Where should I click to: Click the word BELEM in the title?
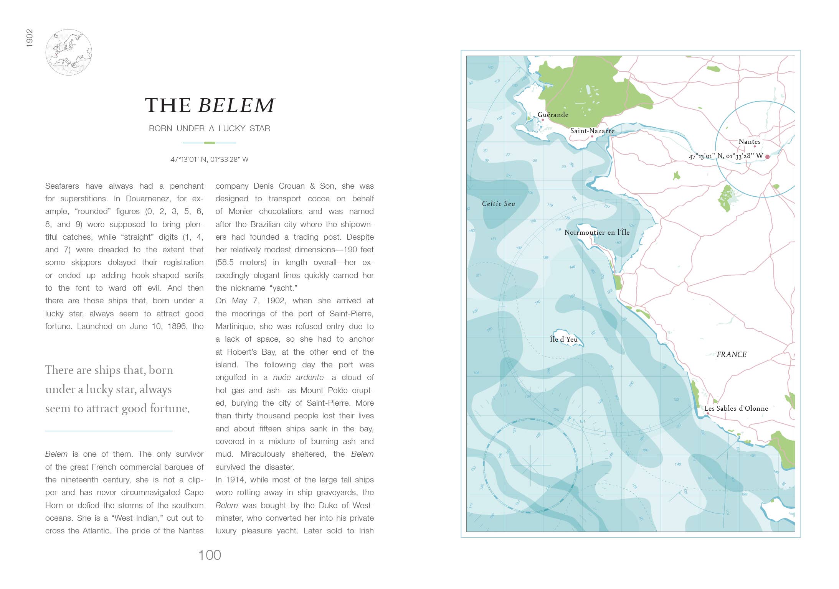pos(236,105)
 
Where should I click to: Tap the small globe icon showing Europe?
pos(69,52)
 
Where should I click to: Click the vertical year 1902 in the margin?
pos(30,38)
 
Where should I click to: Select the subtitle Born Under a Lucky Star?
pos(209,128)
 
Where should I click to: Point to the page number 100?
pos(209,555)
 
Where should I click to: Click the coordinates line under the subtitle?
pos(209,160)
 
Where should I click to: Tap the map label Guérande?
pos(553,115)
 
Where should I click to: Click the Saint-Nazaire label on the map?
pos(592,131)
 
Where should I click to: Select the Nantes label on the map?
pos(749,141)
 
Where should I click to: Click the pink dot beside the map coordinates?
pos(767,157)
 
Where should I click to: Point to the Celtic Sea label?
pos(498,204)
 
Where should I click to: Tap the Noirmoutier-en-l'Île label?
pos(597,232)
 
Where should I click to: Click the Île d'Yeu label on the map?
pos(563,339)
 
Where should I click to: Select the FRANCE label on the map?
pos(731,355)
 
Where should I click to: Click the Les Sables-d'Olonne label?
pos(736,408)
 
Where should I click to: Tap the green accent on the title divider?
pos(209,143)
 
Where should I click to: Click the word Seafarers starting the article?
pos(62,186)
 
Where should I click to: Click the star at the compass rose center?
pos(531,466)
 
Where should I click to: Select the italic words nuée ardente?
pos(298,377)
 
